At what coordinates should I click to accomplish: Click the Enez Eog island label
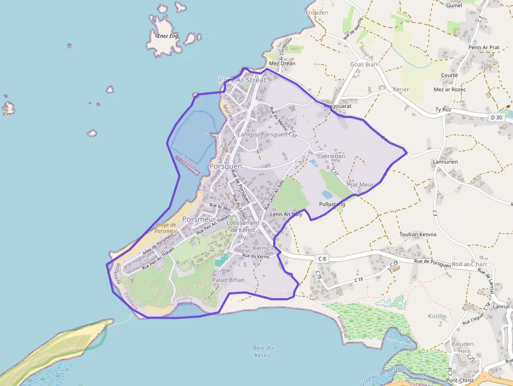tap(168, 36)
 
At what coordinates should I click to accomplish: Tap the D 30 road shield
tap(496, 117)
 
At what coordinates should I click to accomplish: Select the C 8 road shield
tap(321, 259)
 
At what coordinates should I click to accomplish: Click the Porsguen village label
tap(225, 166)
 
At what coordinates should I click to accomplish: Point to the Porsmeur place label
tap(199, 219)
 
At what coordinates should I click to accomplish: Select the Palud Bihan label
tap(228, 280)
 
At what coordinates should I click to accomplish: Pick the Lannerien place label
tap(331, 156)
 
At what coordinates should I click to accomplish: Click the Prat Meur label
tap(360, 185)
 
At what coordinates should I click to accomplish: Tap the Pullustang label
tap(332, 204)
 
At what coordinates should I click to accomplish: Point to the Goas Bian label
tap(363, 64)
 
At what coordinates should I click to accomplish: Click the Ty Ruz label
tap(443, 109)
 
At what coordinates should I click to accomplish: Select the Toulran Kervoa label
tap(418, 234)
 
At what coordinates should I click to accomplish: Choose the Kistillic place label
tap(437, 316)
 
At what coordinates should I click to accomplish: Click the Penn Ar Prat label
tap(484, 48)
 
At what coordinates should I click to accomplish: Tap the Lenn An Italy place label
tap(286, 214)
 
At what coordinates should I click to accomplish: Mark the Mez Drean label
tap(282, 63)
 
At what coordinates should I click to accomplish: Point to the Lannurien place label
tap(445, 162)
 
